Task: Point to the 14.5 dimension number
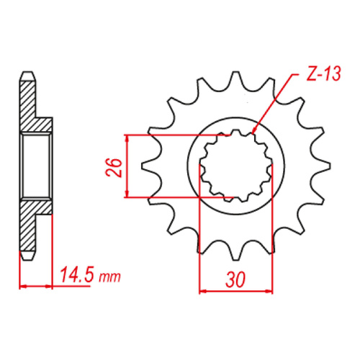77,276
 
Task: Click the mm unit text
109,277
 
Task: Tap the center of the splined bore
235,166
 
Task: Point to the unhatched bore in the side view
36,166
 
